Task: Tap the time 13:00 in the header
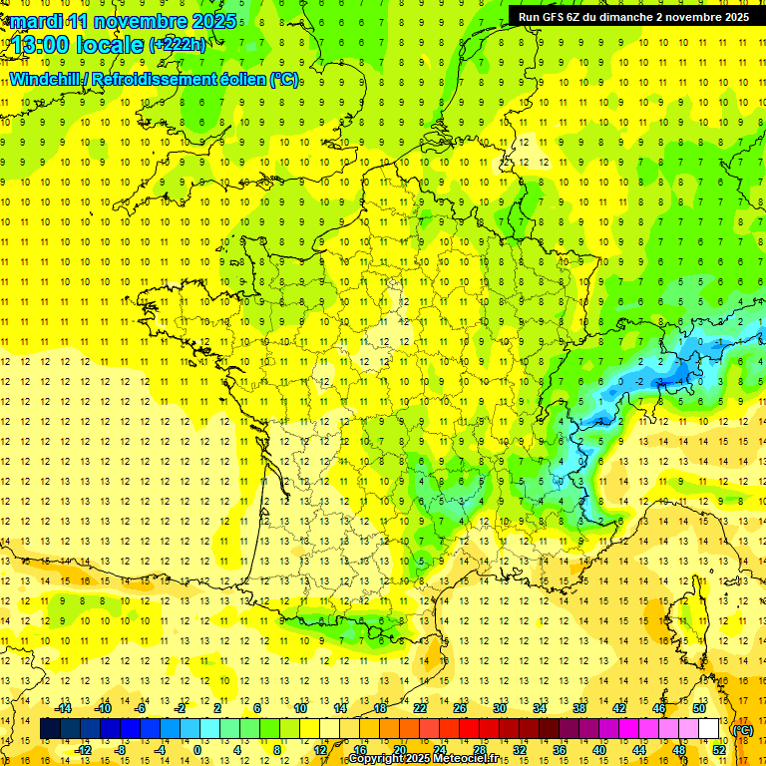pyautogui.click(x=43, y=44)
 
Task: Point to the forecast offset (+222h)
pyautogui.click(x=178, y=45)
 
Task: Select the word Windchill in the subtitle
pyautogui.click(x=50, y=79)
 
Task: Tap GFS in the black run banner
pyautogui.click(x=562, y=17)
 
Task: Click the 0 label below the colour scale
pyautogui.click(x=196, y=750)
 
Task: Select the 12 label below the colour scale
pyautogui.click(x=320, y=750)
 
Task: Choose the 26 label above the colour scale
pyautogui.click(x=460, y=708)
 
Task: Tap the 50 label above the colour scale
pyautogui.click(x=698, y=708)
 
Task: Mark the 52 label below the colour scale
pyautogui.click(x=719, y=750)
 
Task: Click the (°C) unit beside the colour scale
pyautogui.click(x=742, y=730)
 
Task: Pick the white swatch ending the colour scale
pyautogui.click(x=708, y=729)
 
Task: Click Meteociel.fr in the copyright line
pyautogui.click(x=467, y=759)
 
